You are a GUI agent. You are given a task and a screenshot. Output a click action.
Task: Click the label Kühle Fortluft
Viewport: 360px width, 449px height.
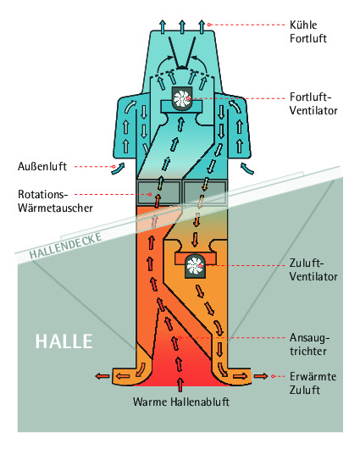[307, 31]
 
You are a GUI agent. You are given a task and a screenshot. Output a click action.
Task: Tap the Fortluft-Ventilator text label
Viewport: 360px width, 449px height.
[313, 103]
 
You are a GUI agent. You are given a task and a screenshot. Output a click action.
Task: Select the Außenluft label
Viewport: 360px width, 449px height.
[42, 166]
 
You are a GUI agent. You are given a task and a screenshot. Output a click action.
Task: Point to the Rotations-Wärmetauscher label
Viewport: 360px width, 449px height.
[55, 201]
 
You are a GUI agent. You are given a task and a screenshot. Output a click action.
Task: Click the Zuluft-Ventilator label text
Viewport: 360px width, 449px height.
[313, 269]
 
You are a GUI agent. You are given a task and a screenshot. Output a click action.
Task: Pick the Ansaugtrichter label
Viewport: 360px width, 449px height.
[309, 345]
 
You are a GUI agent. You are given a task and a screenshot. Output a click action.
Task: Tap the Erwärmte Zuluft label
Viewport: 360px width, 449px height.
[313, 383]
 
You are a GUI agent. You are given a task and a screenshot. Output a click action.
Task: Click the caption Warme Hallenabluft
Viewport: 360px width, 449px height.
[181, 402]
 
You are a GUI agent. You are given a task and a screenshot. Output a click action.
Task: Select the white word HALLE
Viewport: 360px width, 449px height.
[64, 341]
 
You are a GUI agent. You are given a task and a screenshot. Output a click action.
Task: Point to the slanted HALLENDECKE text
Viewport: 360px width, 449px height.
[65, 246]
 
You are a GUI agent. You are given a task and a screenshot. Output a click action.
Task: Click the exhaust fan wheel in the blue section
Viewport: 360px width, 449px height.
[181, 98]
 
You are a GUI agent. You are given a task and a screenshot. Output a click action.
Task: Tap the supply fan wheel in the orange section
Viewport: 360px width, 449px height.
[195, 266]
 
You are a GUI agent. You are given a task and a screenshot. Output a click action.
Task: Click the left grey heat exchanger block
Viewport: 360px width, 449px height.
[158, 192]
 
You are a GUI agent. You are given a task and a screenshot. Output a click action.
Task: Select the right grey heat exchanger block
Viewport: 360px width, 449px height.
[205, 192]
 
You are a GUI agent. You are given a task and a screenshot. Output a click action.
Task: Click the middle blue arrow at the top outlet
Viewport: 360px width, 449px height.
[182, 26]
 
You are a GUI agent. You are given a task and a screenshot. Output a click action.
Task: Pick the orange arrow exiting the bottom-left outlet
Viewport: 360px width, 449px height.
[102, 376]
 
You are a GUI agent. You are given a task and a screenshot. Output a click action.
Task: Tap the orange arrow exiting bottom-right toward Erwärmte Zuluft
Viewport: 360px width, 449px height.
[261, 376]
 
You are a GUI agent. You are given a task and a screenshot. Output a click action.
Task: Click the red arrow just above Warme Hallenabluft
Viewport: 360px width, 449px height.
[180, 385]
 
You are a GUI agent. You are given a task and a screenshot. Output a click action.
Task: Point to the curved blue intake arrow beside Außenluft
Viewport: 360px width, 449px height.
[119, 169]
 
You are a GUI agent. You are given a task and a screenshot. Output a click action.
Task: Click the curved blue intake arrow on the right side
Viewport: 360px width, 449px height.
[246, 169]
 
